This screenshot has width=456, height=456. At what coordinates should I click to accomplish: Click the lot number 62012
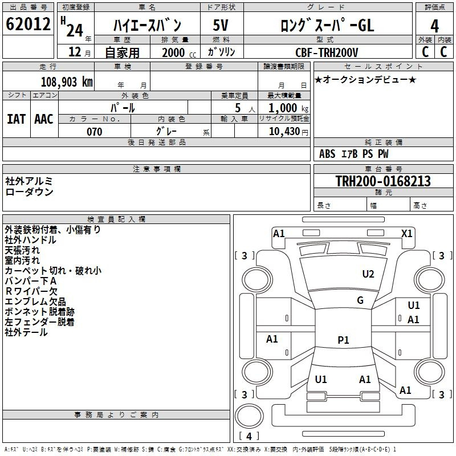[28, 24]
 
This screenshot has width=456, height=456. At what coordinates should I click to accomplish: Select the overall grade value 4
[434, 26]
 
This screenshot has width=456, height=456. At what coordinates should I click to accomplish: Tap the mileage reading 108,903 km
[67, 82]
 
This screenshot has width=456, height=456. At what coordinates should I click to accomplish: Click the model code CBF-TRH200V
[327, 52]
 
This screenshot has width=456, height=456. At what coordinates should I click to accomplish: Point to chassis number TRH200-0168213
[383, 181]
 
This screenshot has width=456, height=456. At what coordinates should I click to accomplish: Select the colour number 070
[95, 132]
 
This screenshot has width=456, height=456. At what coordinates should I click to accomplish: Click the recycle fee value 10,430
[284, 131]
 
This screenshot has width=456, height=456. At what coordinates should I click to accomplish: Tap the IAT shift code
[16, 119]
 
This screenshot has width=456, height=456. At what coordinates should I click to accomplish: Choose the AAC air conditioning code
[44, 119]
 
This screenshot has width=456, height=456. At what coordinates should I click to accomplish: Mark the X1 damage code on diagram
[406, 234]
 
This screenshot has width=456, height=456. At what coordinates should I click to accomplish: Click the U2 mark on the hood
[368, 274]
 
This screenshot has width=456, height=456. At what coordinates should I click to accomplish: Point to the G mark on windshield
[360, 300]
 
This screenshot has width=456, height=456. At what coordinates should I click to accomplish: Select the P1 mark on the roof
[343, 340]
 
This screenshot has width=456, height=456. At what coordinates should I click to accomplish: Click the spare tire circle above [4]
[249, 416]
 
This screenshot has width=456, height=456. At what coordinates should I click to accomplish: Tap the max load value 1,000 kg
[288, 108]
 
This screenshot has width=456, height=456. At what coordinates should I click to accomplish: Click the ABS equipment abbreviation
[327, 154]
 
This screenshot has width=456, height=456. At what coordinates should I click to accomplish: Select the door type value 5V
[221, 25]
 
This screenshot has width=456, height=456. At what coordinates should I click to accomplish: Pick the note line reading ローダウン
[29, 192]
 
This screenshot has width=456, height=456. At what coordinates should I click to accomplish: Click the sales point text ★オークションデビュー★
[365, 79]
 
